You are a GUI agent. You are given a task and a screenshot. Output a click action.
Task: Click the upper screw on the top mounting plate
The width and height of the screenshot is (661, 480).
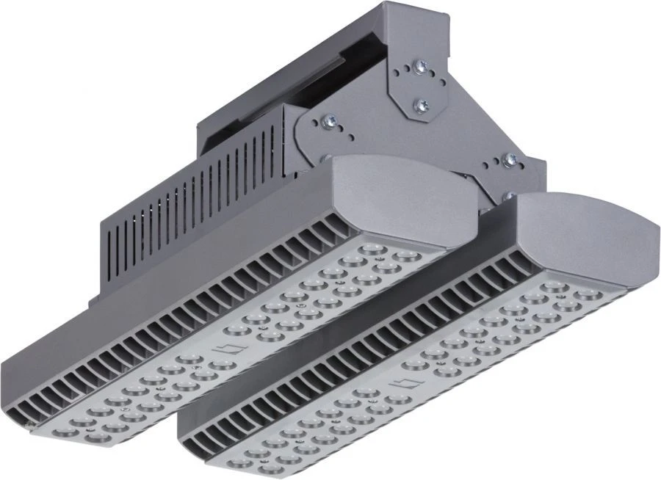tap(420, 67)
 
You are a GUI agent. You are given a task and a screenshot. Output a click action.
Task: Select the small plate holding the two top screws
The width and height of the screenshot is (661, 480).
tap(422, 87)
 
